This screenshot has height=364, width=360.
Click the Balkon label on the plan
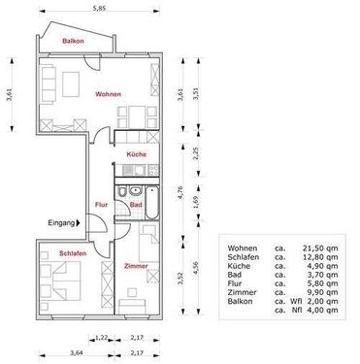pyautogui.click(x=71, y=43)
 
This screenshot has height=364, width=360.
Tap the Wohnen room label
pyautogui.click(x=108, y=94)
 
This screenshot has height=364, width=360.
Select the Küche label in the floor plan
pyautogui.click(x=136, y=155)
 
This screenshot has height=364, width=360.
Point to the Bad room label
pyautogui.click(x=137, y=205)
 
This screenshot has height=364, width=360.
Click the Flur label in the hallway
pyautogui.click(x=101, y=205)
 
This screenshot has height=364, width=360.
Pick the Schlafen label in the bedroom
pyautogui.click(x=74, y=253)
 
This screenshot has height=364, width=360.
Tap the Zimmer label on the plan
pyautogui.click(x=136, y=265)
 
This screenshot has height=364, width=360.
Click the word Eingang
pyautogui.click(x=61, y=223)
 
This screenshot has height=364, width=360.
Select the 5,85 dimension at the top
pyautogui.click(x=99, y=10)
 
